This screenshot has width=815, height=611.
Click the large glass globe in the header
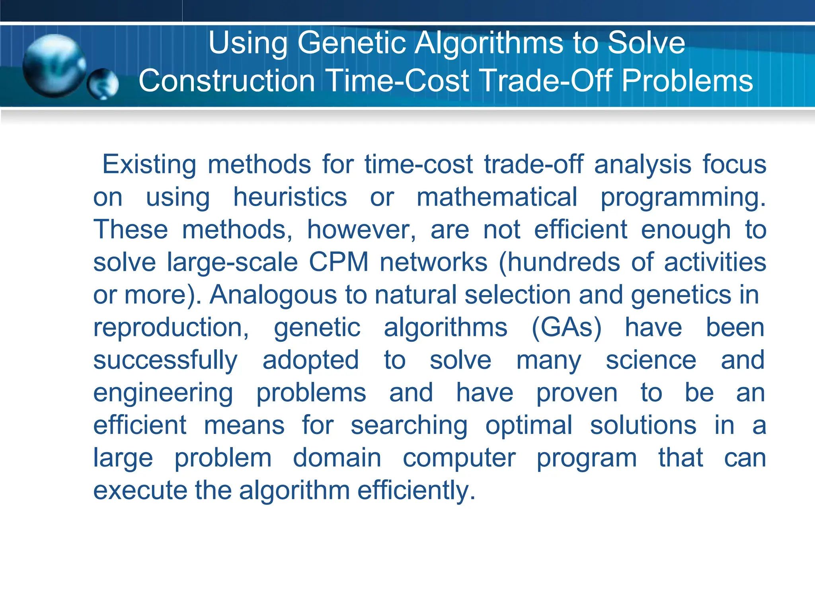(54, 66)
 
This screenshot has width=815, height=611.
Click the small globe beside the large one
(103, 84)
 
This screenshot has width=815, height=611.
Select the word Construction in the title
(227, 81)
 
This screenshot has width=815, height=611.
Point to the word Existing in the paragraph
(149, 164)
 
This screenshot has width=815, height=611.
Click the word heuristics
(290, 197)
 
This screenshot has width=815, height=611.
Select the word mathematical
(497, 197)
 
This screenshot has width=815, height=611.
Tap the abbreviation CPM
(339, 262)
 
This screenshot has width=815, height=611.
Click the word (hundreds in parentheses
(559, 262)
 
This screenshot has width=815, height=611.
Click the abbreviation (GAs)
(566, 328)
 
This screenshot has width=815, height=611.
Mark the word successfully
(165, 360)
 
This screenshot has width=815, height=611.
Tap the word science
(651, 360)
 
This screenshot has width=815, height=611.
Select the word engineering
(163, 393)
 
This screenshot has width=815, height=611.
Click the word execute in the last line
(140, 490)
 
